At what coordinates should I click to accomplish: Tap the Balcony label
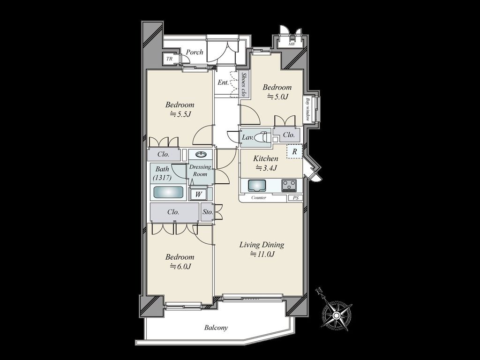(x=216, y=328)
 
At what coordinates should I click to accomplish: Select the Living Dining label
(x=262, y=245)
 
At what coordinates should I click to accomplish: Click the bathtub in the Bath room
(x=168, y=192)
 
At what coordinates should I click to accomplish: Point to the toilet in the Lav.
(x=262, y=137)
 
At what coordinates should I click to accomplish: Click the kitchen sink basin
(x=257, y=186)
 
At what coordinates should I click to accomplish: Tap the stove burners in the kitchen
(x=289, y=185)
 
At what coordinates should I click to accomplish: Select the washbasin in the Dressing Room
(x=201, y=154)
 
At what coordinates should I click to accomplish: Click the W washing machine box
(x=199, y=195)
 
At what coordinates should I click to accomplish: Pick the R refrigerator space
(x=294, y=151)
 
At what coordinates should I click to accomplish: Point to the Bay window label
(x=307, y=109)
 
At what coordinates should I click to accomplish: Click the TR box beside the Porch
(x=169, y=59)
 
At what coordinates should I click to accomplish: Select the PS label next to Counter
(x=295, y=198)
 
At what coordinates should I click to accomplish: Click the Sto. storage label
(x=208, y=211)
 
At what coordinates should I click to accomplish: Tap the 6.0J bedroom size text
(x=180, y=266)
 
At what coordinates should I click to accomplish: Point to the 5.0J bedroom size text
(x=277, y=97)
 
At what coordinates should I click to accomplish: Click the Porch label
(x=195, y=52)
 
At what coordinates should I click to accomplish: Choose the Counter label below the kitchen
(x=259, y=198)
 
